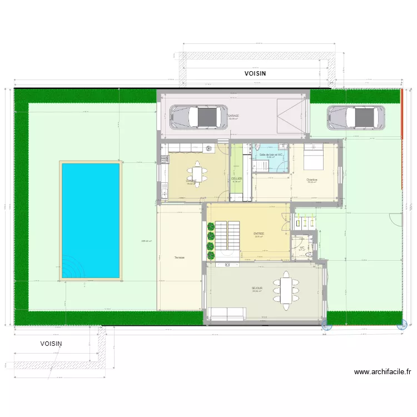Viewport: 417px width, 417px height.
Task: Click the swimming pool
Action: click(x=91, y=220)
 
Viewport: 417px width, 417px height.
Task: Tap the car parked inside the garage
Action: click(x=200, y=116)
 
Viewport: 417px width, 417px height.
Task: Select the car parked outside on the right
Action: click(x=355, y=117)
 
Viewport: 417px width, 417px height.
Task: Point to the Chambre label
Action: click(x=312, y=180)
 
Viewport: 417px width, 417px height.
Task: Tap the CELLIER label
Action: click(x=236, y=179)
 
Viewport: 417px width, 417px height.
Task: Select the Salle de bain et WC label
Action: click(x=272, y=155)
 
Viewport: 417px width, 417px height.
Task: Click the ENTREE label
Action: click(x=259, y=234)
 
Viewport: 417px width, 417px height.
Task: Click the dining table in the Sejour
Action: click(x=285, y=290)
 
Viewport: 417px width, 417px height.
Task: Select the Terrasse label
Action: click(x=179, y=257)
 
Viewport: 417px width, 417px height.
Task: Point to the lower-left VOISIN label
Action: click(x=51, y=344)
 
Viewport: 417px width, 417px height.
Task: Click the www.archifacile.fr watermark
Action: click(x=382, y=372)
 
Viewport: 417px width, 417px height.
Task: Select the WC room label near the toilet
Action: click(x=302, y=248)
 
